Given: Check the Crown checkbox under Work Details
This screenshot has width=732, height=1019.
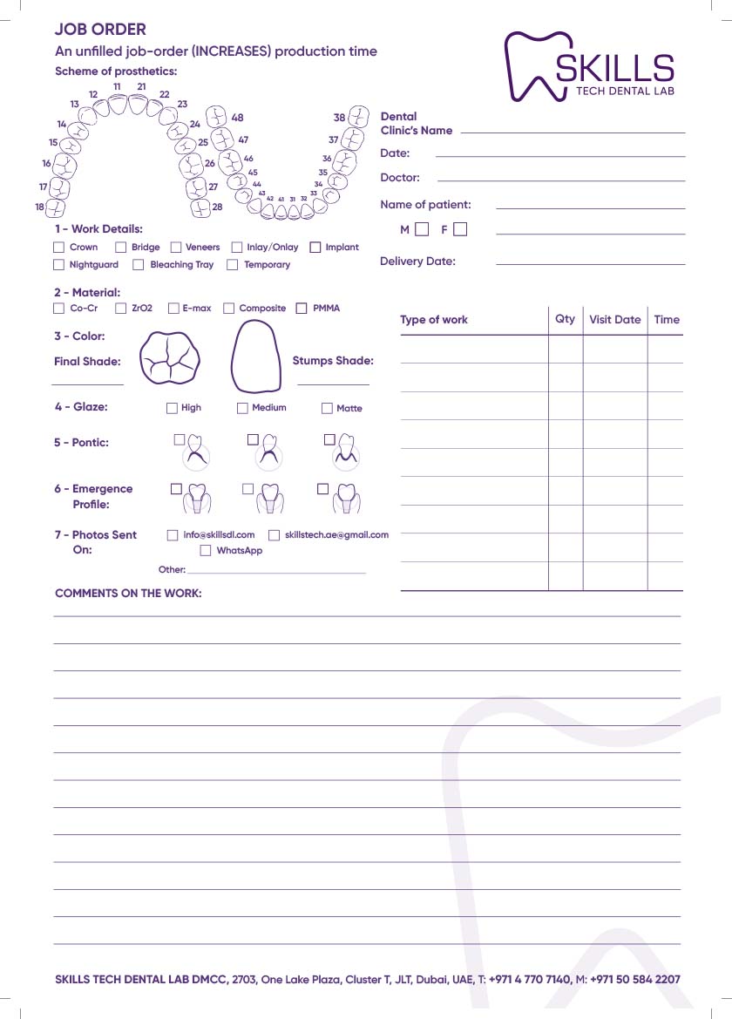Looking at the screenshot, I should point(59,248).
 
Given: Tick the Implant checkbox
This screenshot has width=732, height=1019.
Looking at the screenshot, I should point(315,248).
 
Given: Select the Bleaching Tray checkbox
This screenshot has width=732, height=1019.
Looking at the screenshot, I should point(138,265).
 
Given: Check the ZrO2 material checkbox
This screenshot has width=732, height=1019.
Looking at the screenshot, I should point(121,309).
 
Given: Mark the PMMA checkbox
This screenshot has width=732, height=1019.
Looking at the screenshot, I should point(302,309).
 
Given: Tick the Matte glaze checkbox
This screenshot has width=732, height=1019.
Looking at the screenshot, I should point(328,408).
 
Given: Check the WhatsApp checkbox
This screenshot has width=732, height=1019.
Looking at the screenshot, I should point(206,551).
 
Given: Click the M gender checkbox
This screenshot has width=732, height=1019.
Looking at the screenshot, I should point(422,230).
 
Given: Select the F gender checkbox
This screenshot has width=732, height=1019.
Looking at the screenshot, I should point(460,230).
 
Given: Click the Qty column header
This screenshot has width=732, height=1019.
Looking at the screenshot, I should point(565,319).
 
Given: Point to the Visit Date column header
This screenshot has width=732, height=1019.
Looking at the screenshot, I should point(614,320).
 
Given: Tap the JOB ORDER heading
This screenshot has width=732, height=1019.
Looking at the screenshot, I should point(100,31).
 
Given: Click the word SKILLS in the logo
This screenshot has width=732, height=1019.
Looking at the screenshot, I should point(615,68).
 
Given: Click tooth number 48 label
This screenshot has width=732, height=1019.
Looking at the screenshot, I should point(237,118).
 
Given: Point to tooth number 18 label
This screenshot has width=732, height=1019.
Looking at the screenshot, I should point(39,207).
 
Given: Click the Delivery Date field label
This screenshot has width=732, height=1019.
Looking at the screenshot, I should point(417,262).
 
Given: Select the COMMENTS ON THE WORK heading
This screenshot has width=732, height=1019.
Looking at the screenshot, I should point(128,594).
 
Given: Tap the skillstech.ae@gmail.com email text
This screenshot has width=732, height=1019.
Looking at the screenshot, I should point(336,535).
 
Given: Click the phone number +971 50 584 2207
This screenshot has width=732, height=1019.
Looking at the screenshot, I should point(635,980).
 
